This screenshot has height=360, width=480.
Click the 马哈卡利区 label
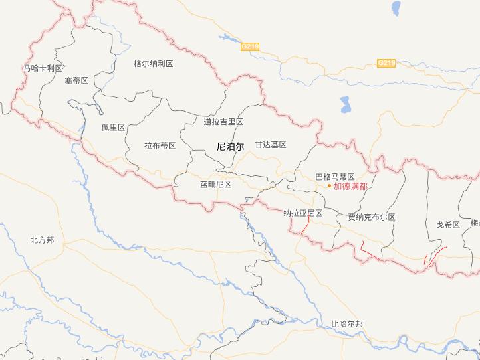tap(43, 68)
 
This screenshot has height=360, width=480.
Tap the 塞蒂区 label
tap(76, 80)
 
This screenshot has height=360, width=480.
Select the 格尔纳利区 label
tap(153, 64)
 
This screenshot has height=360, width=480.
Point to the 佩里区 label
tap(113, 127)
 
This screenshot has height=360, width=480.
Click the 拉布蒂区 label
tap(160, 145)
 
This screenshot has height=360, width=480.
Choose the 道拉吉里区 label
tap(223, 122)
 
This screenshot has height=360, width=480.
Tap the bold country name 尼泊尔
tap(231, 145)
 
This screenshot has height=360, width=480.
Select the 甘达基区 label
tap(271, 144)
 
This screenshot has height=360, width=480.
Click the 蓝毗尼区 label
tap(215, 184)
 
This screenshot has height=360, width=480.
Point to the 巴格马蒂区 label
tap(334, 177)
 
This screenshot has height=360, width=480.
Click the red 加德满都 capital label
tap(350, 186)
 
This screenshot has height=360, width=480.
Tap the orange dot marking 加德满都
tap(329, 186)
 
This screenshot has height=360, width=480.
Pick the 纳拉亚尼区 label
tap(302, 213)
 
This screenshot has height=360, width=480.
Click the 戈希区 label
tap(448, 225)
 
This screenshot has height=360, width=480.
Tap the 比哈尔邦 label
tap(347, 324)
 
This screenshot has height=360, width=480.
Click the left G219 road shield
tap(250, 46)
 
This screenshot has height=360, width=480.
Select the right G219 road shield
tap(386, 63)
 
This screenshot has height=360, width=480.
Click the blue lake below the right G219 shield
tap(345, 104)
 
